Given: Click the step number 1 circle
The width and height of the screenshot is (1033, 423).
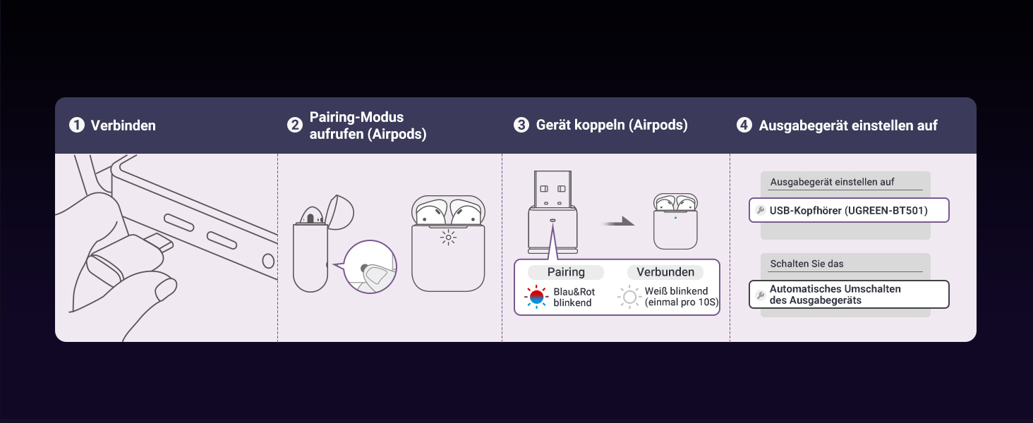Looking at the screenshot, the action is click(77, 125).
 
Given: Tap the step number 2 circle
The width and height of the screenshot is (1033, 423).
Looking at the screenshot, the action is click(295, 125).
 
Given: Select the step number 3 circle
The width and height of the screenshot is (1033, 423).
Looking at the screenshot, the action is click(521, 125).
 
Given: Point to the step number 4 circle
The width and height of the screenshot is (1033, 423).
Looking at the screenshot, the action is click(744, 125).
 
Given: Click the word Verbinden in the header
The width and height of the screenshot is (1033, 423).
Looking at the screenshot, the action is click(123, 125).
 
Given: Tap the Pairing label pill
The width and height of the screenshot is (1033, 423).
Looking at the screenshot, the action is click(566, 272).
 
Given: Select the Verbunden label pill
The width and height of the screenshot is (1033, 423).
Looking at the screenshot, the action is click(665, 272).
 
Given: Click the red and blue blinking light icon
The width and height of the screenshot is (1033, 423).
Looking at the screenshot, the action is click(536, 297).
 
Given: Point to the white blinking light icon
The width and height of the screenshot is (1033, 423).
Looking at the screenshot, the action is click(629, 297).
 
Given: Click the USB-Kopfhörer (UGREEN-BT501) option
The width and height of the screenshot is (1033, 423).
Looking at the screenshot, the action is click(849, 210).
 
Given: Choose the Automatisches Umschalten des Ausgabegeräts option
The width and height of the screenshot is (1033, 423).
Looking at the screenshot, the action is click(849, 295).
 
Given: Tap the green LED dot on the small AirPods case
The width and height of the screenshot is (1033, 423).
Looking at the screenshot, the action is click(675, 217).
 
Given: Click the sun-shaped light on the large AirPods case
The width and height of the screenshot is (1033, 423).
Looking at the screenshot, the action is click(448, 238).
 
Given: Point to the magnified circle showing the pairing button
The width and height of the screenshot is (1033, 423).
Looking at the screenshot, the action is click(370, 266).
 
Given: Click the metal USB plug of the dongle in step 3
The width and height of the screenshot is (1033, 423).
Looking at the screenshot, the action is click(552, 190).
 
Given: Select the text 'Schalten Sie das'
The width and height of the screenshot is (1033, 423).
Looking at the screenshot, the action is click(807, 264).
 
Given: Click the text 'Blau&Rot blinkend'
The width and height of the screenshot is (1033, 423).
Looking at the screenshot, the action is click(574, 298).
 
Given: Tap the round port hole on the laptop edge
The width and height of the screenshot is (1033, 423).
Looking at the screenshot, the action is click(268, 261).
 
